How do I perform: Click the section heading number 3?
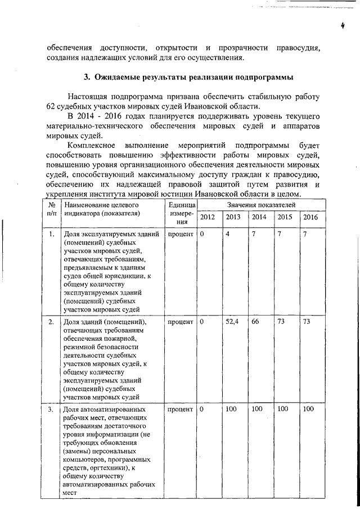click(86, 76)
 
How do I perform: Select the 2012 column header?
click(207, 218)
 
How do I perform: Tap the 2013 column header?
click(233, 218)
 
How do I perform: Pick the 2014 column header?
click(259, 218)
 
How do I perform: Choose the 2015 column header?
click(285, 218)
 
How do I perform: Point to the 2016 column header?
click(310, 218)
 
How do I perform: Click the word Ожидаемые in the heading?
click(120, 76)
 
